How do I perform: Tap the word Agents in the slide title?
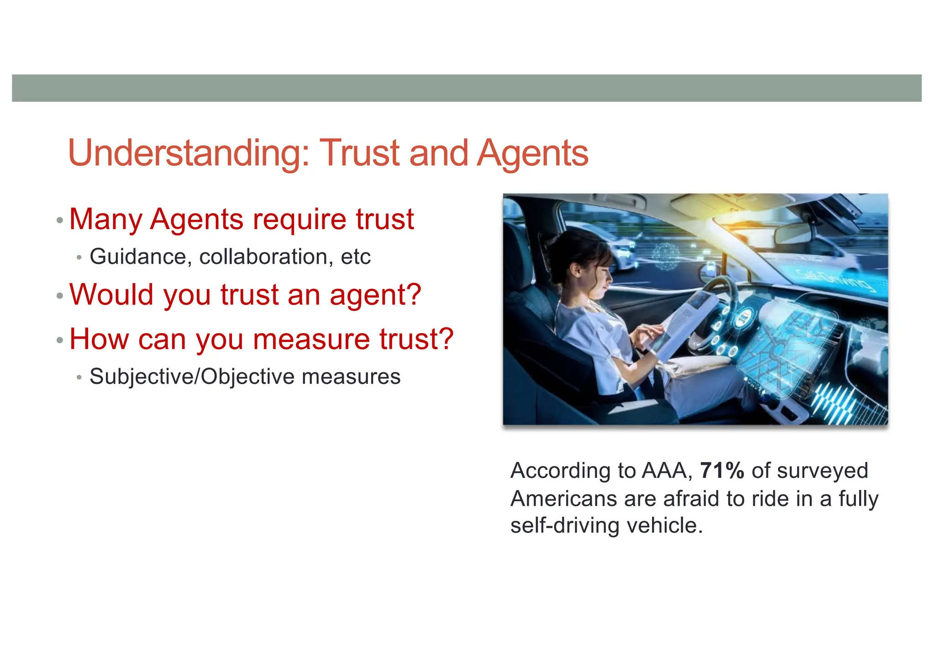(x=532, y=153)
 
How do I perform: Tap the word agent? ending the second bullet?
(x=375, y=296)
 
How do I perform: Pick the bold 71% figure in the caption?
(x=722, y=471)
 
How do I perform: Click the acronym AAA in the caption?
(x=666, y=471)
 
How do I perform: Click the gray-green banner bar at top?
(x=467, y=88)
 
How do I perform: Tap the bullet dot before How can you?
(x=60, y=341)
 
